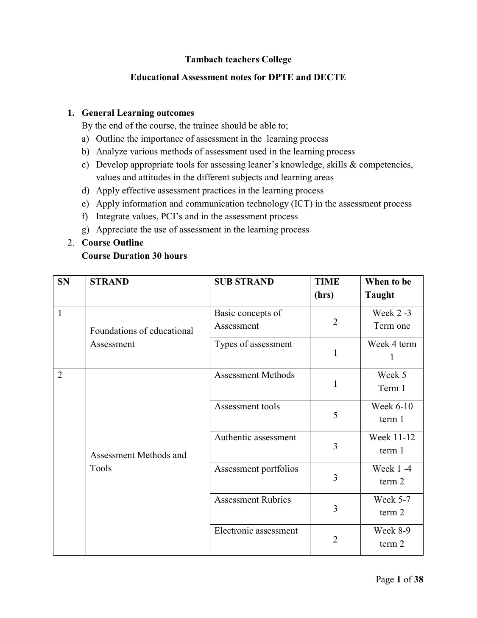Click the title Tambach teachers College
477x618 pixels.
coord(238,59)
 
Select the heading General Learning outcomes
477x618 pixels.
coord(137,113)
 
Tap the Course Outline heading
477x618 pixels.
coord(112,243)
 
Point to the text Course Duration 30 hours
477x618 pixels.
coord(134,256)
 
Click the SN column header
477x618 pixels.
coord(63,282)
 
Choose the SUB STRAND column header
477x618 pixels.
coord(244,282)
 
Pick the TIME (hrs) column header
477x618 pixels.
coord(326,288)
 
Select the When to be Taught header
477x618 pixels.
coord(388,288)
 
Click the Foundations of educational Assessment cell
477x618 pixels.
coord(141,337)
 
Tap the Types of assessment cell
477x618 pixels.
coord(253,344)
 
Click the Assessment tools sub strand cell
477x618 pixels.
coord(247,406)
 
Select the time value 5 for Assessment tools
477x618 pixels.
coord(335,415)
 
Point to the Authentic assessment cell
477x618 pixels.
coord(255,437)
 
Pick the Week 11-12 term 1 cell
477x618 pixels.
coord(392,444)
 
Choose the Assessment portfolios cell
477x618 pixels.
coord(256,469)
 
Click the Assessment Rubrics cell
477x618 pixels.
coord(252,500)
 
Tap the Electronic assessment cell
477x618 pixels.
coord(256,531)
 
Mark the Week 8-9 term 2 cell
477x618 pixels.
coord(392,537)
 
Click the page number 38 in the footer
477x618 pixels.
coord(418,579)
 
